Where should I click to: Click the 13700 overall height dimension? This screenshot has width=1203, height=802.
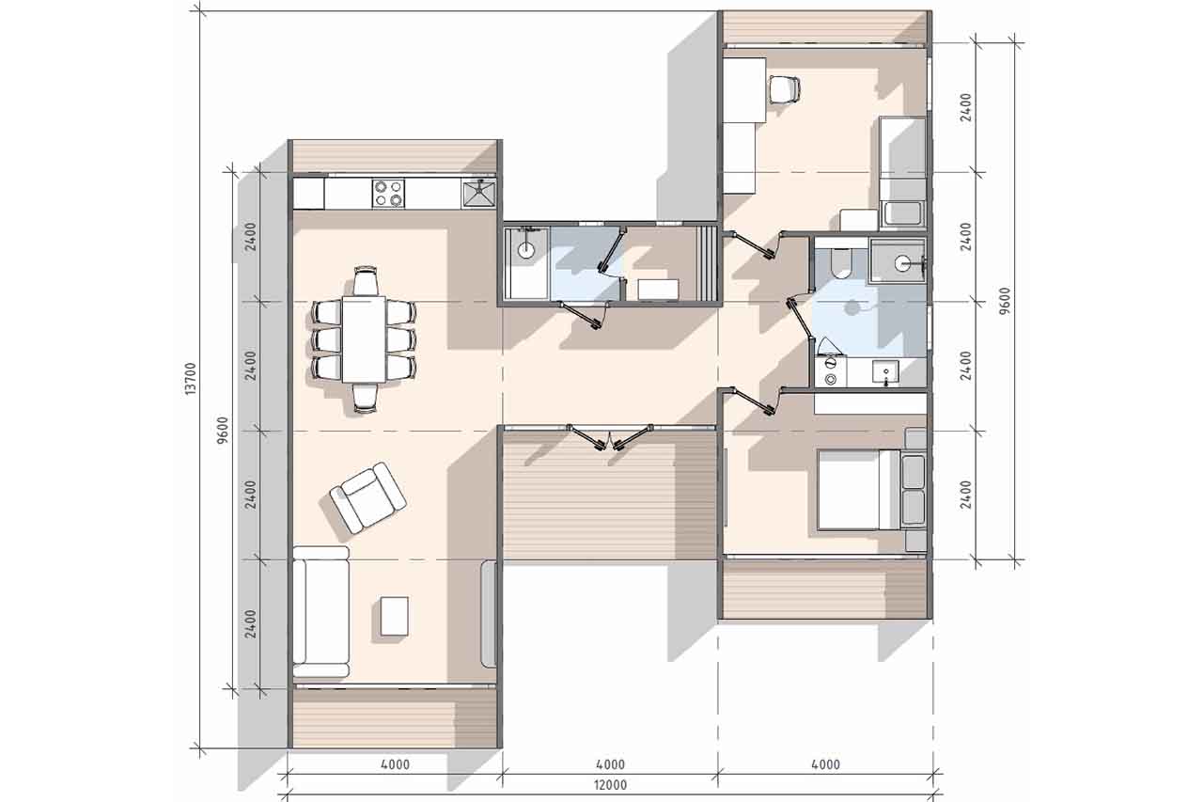pos(192,379)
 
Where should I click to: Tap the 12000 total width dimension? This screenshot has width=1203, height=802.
pos(611,785)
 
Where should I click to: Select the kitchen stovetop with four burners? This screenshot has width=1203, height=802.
pos(388,194)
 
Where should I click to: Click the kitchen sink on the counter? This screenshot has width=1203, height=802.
pos(478,194)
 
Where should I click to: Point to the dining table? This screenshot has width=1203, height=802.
pos(364,339)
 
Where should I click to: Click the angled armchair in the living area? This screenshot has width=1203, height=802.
pos(367,497)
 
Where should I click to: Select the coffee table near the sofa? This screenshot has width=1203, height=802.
pos(394,616)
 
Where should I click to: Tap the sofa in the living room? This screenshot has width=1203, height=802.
pos(320,611)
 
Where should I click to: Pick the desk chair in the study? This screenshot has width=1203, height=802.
pos(785,88)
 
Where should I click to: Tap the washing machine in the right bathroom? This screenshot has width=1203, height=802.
pos(830,371)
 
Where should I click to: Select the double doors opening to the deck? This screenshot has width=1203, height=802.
pos(609,436)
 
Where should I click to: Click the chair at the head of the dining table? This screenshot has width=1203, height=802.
pos(366,281)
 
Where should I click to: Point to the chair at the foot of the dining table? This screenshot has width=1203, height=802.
pos(366,398)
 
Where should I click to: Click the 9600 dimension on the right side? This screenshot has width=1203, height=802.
pos(1005,301)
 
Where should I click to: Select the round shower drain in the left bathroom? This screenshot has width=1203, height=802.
pos(524,250)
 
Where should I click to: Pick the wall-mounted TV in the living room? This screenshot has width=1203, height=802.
pos(488,613)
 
